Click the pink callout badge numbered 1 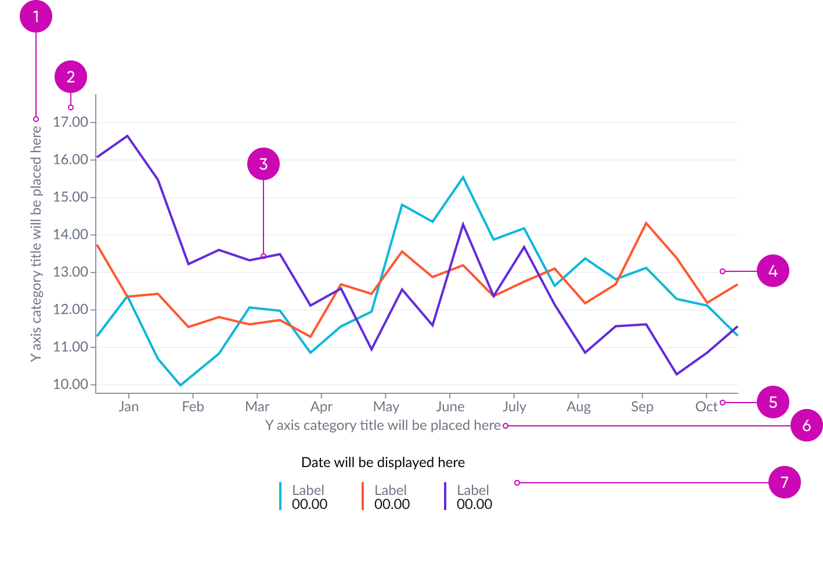pos(36,16)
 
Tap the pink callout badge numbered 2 pos(71,77)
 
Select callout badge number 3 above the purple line pos(263,164)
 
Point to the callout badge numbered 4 pos(773,271)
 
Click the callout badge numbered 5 pos(773,402)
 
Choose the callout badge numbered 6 pos(806,425)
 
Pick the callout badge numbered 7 pos(784,482)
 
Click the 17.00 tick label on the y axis pos(70,122)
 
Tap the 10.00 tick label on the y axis pos(70,384)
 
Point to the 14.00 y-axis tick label pos(70,235)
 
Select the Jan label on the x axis pos(128,407)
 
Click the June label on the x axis pos(450,407)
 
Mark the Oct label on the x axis pos(706,407)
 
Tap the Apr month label pos(322,407)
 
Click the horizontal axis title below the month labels pos(382,425)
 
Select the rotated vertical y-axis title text pos(36,244)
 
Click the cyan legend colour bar pos(280,496)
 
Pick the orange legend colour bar pos(363,496)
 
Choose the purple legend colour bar pos(445,496)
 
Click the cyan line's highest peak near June pos(463,177)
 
